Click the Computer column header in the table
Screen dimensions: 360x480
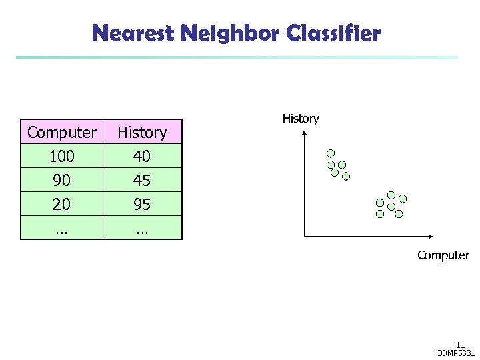pos(61,132)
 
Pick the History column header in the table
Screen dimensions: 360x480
pos(142,132)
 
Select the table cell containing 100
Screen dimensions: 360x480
pos(61,156)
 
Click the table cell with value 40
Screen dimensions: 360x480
pos(142,156)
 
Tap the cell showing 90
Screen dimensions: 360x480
pos(61,180)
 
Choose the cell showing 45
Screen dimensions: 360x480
pos(142,180)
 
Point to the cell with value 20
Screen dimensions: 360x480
pos(61,204)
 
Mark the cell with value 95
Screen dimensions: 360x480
pos(142,204)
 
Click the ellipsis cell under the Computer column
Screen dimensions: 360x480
pos(61,227)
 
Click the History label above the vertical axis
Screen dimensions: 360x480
pos(301,119)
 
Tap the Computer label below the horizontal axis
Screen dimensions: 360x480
pos(443,255)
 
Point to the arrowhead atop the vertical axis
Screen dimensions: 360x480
pos(304,133)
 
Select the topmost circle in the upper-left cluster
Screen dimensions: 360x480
pos(331,152)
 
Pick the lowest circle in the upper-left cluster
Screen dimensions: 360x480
pos(346,177)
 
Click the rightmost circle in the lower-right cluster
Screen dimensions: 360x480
pos(403,199)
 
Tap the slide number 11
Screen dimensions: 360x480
pos(460,345)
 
